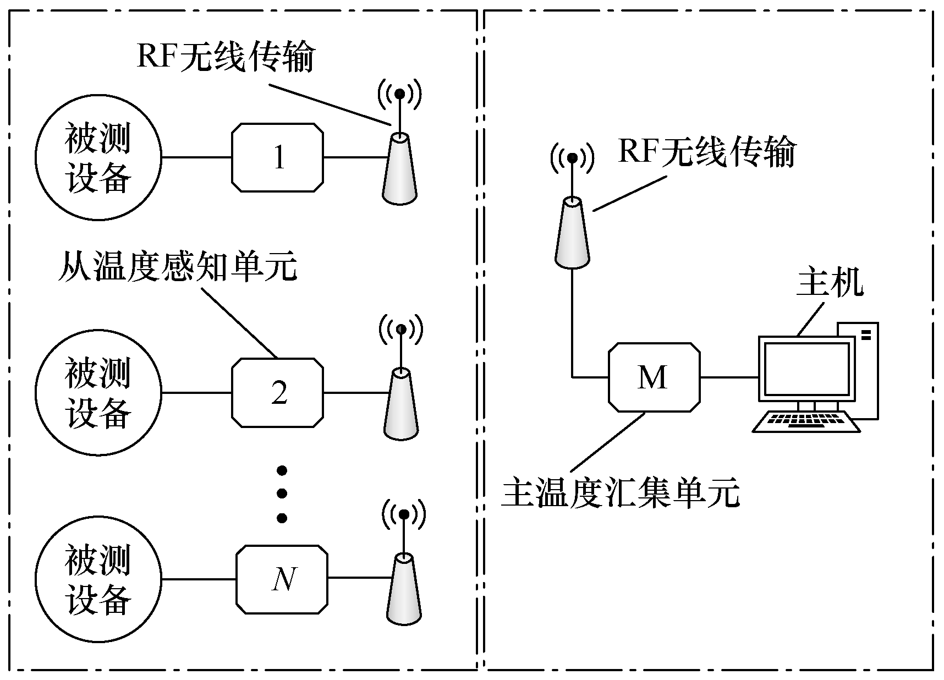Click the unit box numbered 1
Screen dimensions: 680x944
(277, 158)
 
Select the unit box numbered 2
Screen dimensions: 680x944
(277, 392)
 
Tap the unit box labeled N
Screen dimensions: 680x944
(282, 579)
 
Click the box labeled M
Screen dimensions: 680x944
(654, 377)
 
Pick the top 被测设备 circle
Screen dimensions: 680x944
(98, 158)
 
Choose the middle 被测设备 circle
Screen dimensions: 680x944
(98, 392)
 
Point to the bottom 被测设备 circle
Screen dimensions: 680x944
(98, 579)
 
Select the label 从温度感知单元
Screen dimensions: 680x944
(177, 266)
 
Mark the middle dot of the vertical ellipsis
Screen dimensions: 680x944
(282, 493)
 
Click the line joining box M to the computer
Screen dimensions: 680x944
(729, 377)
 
